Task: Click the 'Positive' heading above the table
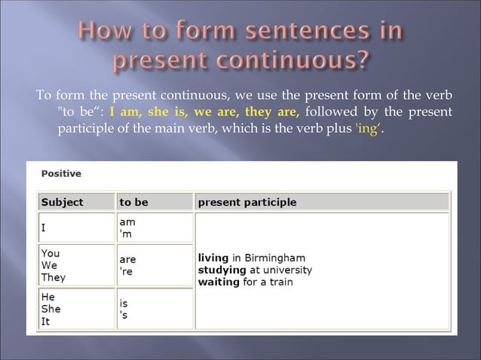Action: click(61, 173)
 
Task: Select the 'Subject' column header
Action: click(62, 202)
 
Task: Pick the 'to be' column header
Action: click(134, 202)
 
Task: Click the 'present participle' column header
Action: click(247, 202)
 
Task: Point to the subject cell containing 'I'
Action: click(43, 227)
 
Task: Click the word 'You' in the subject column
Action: click(51, 254)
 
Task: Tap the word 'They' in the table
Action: click(54, 277)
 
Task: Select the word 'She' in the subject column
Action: click(51, 309)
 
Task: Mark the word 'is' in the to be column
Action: click(124, 304)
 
